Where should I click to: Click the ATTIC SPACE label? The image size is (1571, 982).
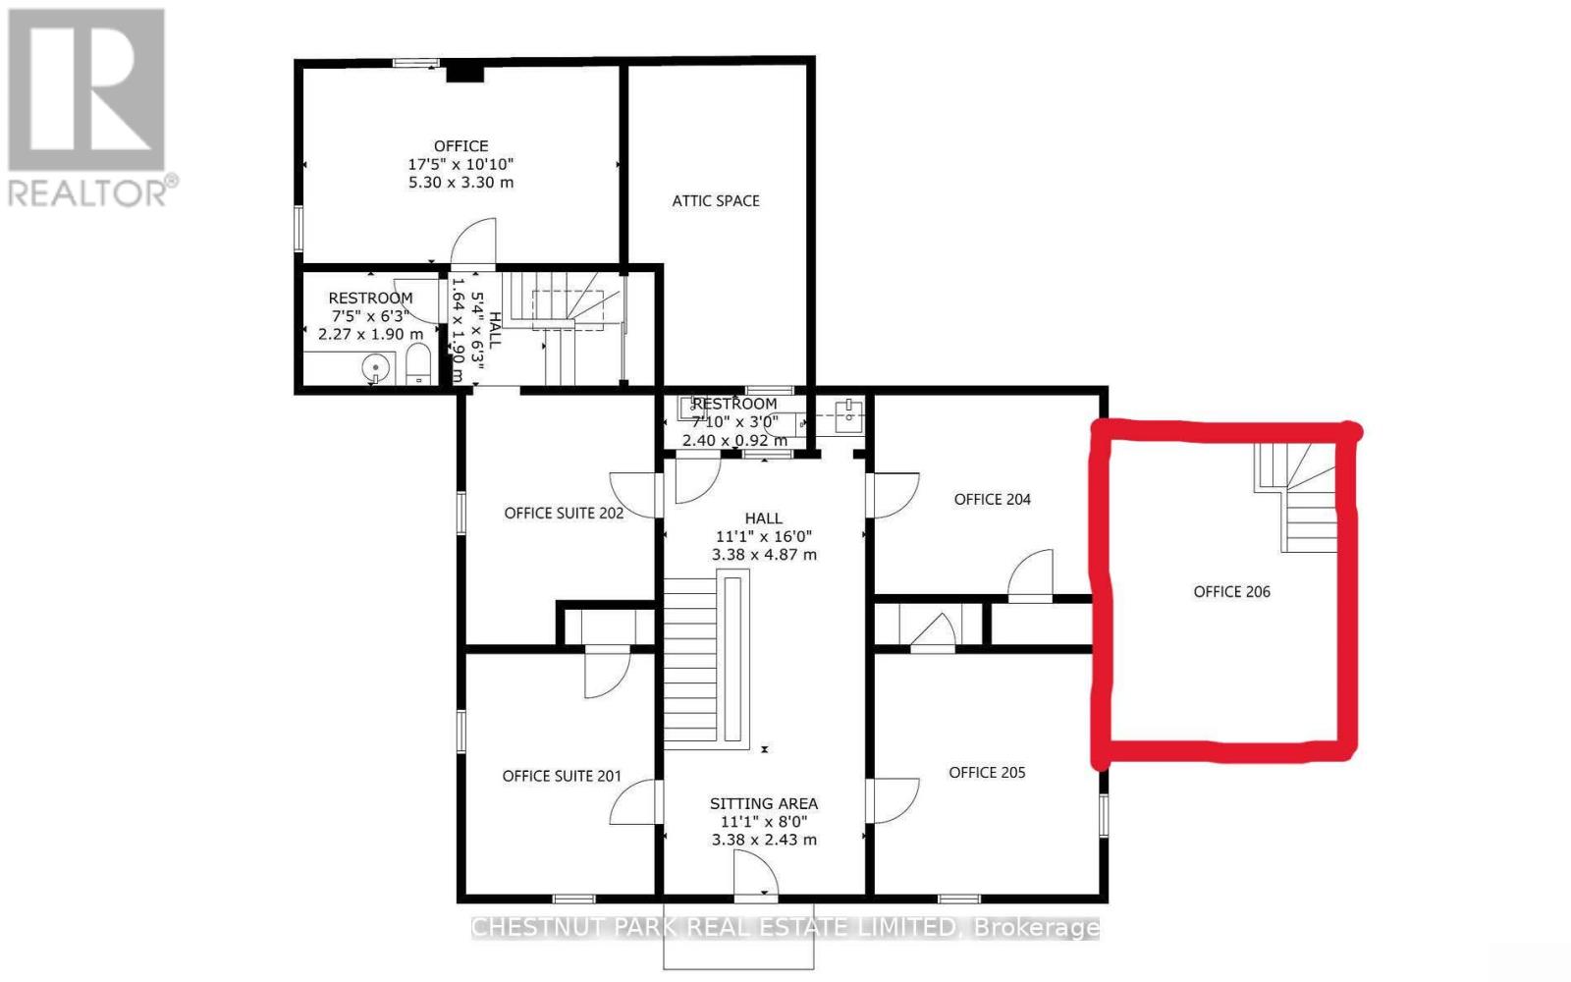click(x=715, y=200)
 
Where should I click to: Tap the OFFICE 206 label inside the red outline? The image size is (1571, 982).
click(x=1231, y=591)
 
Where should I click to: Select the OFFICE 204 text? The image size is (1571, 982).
click(x=992, y=499)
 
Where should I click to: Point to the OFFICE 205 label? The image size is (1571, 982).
click(x=987, y=772)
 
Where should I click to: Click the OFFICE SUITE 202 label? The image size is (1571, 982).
click(x=564, y=513)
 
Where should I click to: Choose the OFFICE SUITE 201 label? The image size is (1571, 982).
click(x=562, y=776)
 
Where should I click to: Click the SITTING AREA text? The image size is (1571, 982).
click(x=763, y=803)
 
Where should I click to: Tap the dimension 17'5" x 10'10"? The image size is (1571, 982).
click(x=460, y=164)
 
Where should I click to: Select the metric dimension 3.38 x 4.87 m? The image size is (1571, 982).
click(x=763, y=554)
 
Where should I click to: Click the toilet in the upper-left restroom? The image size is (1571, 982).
click(x=418, y=363)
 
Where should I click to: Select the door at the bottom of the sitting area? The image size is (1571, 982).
click(x=755, y=874)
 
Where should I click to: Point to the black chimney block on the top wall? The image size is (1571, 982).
click(x=464, y=72)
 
